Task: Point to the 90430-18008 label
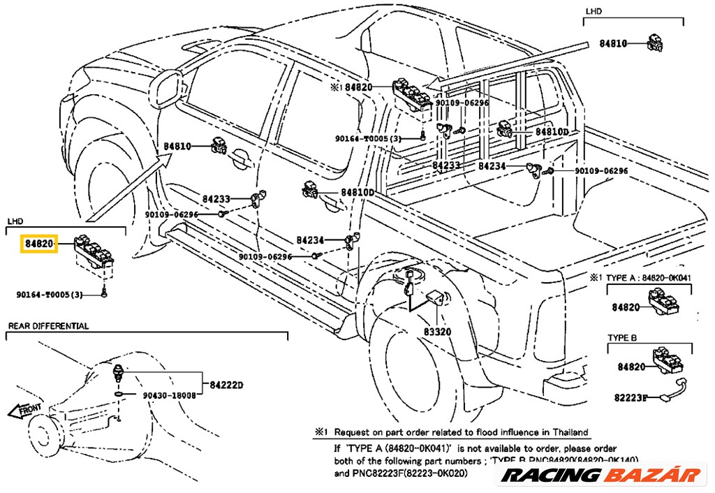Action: [169, 395]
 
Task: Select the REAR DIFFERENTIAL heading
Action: [48, 326]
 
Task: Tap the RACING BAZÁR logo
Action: [601, 476]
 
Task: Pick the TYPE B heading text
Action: [621, 338]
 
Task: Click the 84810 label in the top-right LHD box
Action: [614, 43]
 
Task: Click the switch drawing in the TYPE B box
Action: [668, 359]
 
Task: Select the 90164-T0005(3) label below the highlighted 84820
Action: [49, 295]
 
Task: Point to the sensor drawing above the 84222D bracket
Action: [120, 371]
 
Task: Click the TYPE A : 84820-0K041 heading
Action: [648, 278]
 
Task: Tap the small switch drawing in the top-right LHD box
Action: [656, 43]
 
